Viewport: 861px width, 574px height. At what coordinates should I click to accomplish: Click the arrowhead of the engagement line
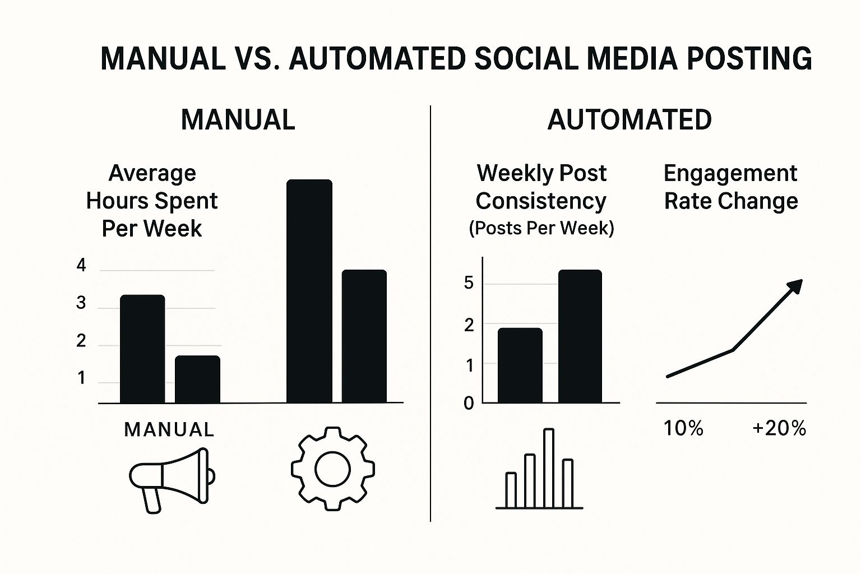pos(795,286)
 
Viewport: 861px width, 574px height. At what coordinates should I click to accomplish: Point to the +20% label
pos(779,429)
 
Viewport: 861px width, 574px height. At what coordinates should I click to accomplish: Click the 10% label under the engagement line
pos(683,429)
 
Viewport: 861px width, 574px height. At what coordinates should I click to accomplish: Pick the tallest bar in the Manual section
pos(309,291)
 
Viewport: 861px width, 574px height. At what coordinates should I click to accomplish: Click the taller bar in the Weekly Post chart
pos(580,336)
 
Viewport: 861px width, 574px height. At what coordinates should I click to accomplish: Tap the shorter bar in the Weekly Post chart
pos(520,365)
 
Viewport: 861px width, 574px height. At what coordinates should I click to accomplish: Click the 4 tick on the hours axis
pos(82,266)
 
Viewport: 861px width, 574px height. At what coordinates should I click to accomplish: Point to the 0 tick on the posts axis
pos(469,404)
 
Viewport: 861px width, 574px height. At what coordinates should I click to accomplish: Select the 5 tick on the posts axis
pos(469,283)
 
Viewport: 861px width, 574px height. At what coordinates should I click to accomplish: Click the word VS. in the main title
pos(256,59)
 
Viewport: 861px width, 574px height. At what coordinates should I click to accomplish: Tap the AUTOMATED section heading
pos(629,120)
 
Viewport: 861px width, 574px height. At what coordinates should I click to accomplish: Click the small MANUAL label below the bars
pos(169,430)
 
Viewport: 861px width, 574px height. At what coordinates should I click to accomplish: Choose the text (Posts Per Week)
pos(541,228)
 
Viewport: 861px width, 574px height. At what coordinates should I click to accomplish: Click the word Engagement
pos(730,173)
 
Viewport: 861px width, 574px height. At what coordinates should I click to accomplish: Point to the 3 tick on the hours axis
pos(82,303)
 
